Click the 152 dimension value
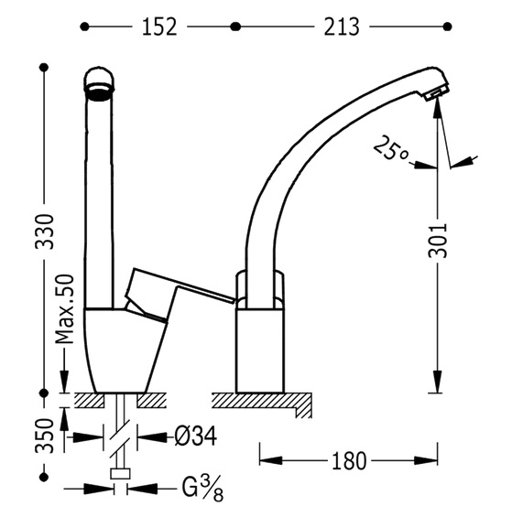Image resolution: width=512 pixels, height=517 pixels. click(159, 27)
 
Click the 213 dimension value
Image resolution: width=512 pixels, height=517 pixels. click(341, 27)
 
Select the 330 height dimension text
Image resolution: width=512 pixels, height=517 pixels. click(45, 232)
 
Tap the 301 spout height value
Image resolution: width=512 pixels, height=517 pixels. click(438, 241)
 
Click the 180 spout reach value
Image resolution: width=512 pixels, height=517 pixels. click(349, 461)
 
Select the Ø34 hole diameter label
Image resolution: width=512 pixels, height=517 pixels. click(195, 436)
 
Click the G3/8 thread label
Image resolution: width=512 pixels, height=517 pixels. click(202, 489)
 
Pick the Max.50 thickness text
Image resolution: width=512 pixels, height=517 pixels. click(65, 309)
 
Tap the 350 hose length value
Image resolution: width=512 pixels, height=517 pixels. click(45, 436)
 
